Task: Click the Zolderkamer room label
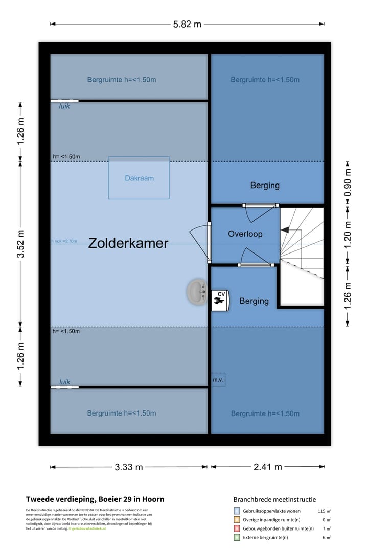[128, 243]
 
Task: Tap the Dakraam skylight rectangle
[139, 178]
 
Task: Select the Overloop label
[245, 234]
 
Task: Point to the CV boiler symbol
[220, 300]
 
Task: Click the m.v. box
[218, 380]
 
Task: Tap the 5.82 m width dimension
[187, 24]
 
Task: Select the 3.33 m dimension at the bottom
[128, 467]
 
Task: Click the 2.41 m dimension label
[267, 467]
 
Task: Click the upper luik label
[64, 107]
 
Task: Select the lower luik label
[64, 382]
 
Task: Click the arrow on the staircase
[285, 231]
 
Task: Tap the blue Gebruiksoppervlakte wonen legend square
[237, 511]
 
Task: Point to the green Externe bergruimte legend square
[237, 537]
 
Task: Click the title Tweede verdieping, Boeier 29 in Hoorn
[95, 499]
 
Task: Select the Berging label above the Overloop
[265, 186]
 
